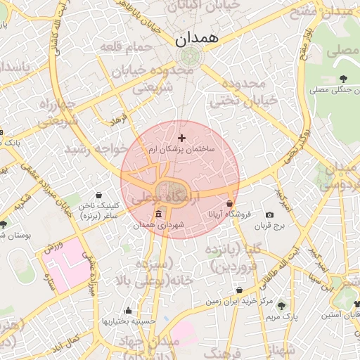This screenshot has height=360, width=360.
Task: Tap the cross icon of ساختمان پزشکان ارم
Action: click(182, 137)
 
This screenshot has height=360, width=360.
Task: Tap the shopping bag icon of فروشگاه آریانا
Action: click(230, 203)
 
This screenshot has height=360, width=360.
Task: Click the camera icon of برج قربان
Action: click(269, 214)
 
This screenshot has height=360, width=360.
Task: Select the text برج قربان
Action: click(269, 226)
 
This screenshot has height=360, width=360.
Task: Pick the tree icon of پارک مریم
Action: click(281, 306)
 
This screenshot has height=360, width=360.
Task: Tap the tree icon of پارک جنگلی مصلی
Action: click(342, 79)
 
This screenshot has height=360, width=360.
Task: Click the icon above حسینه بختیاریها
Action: click(128, 310)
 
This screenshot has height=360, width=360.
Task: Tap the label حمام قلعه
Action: click(126, 46)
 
